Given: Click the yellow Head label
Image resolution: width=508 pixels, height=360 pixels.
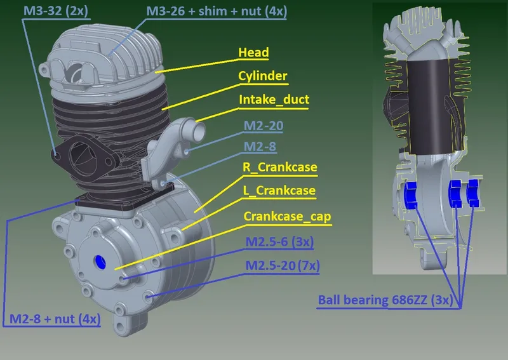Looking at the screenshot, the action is tap(253, 53).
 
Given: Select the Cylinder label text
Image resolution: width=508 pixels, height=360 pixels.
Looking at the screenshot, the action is tap(263, 76).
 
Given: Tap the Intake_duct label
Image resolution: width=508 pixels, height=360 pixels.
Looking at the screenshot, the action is tap(274, 100).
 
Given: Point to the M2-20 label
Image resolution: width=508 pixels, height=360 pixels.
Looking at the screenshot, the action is tap(264, 126).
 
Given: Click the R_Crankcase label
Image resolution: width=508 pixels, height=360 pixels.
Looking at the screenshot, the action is tap(280, 167).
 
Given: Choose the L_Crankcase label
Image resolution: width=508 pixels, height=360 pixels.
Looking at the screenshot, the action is tap(279, 190).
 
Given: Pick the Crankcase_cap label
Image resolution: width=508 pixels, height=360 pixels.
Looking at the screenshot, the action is tap(288, 217).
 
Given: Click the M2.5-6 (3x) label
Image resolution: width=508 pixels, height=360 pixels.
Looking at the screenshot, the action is tap(279, 242).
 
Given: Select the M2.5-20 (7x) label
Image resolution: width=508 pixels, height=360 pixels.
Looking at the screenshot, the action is tap(283, 265).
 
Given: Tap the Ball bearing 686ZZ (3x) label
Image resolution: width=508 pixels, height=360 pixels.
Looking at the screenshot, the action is tap(385, 300).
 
